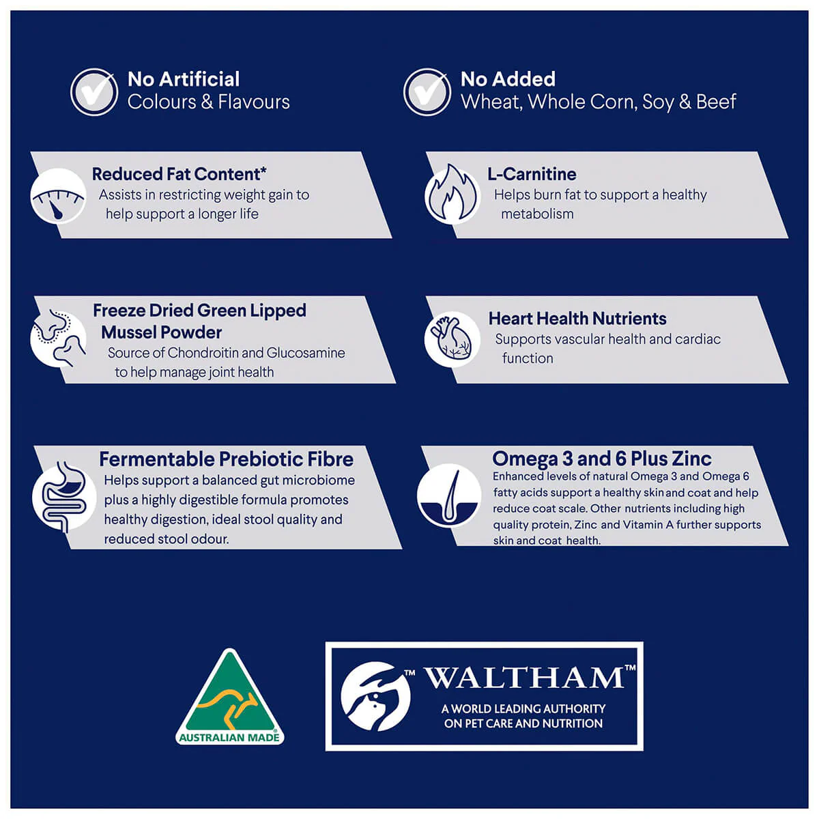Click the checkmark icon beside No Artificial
pos(94,92)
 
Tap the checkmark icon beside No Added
pos(427,92)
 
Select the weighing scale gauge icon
pos(59,195)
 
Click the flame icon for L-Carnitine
pos(452,195)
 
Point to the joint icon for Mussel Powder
pos(59,339)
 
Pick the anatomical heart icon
pos(452,339)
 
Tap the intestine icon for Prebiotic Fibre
pos(63,496)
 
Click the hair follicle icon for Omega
pos(449,495)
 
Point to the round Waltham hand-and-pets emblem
pos(375,696)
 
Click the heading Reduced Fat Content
pos(179,174)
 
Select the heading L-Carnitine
pos(532,174)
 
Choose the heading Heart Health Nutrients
pos(577,318)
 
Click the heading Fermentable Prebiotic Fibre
pos(226,459)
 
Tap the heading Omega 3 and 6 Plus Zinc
pos(602,459)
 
